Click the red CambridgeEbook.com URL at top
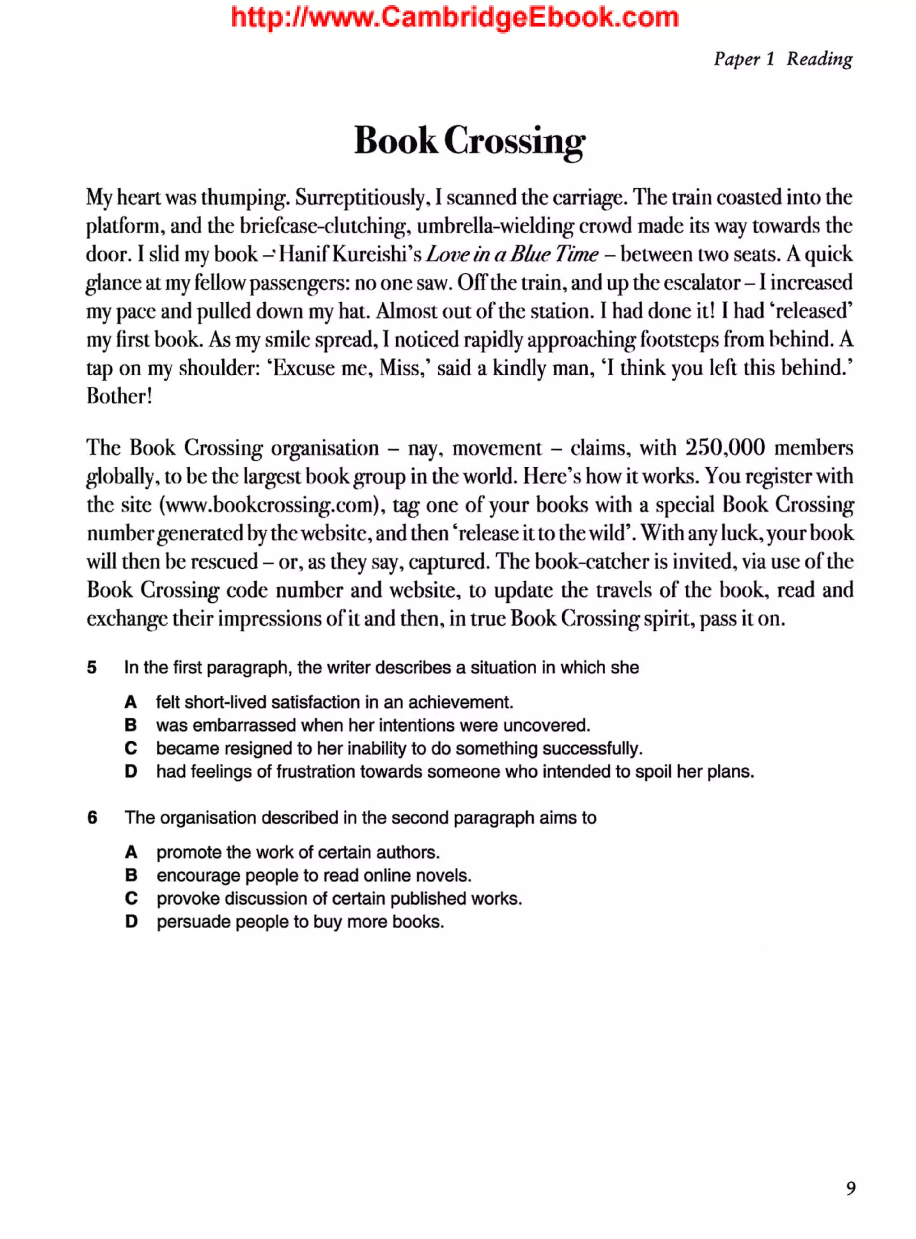(x=455, y=18)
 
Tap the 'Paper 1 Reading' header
(x=782, y=59)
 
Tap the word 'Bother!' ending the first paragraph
(x=119, y=396)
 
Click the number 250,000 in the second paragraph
(x=725, y=448)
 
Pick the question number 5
(x=92, y=668)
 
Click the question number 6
(x=92, y=818)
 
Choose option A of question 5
(x=131, y=702)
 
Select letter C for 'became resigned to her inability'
(x=131, y=748)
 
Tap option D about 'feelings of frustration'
(x=131, y=772)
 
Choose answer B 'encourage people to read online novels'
(x=131, y=875)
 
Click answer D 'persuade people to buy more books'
(x=131, y=922)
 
